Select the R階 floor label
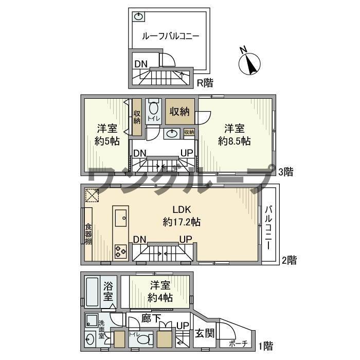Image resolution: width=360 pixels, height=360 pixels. pos(205,82)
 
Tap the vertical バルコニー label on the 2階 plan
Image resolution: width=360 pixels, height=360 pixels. pos(268,227)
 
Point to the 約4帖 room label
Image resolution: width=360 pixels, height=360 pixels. pos(159,292)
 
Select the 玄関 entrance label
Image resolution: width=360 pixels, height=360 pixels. pos(205,333)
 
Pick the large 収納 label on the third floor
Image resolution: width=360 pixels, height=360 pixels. pos(180,112)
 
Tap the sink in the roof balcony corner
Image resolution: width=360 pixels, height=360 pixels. pos(138,16)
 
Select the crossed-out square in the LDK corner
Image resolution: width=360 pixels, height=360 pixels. pos(92,196)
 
